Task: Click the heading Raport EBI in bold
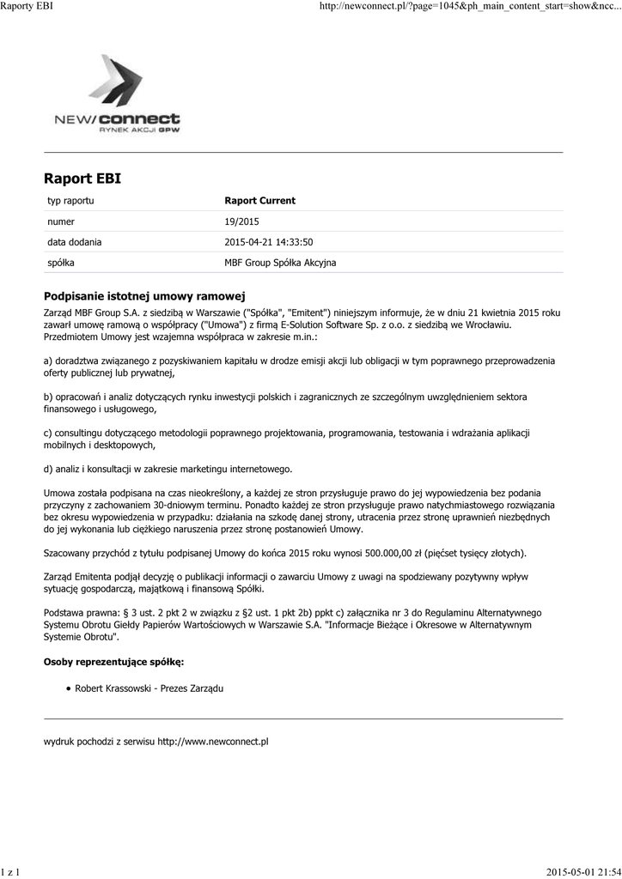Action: pyautogui.click(x=82, y=179)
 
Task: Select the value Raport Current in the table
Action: pyautogui.click(x=259, y=201)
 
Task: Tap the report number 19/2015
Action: pyautogui.click(x=241, y=221)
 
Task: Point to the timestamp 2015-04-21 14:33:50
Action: pyautogui.click(x=268, y=242)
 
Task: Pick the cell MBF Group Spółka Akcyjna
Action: pyautogui.click(x=280, y=263)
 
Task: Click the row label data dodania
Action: pyautogui.click(x=74, y=242)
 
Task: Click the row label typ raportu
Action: pyautogui.click(x=70, y=201)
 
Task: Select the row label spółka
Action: pyautogui.click(x=61, y=263)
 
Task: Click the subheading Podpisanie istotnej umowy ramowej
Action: pyautogui.click(x=145, y=294)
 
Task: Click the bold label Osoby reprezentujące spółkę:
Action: pyautogui.click(x=113, y=662)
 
